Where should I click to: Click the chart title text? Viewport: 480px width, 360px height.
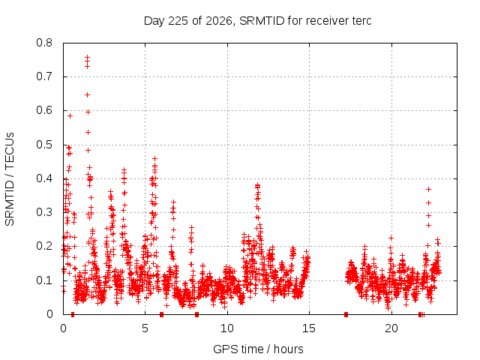click(x=257, y=21)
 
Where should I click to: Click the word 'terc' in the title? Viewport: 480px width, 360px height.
click(x=361, y=21)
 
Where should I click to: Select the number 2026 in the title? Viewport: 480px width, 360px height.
click(x=218, y=21)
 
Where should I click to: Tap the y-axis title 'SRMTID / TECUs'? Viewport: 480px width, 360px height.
click(x=10, y=179)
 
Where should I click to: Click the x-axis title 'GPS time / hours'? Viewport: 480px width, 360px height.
click(x=258, y=349)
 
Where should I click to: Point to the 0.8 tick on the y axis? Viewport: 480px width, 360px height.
click(x=44, y=43)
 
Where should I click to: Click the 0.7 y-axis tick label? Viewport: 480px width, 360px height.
click(x=44, y=76)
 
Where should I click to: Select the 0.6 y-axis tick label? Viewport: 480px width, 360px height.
click(x=44, y=110)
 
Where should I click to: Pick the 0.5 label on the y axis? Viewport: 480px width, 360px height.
click(x=44, y=145)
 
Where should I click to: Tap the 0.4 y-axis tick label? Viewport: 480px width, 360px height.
click(x=44, y=178)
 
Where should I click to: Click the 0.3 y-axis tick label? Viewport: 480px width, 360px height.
click(x=44, y=212)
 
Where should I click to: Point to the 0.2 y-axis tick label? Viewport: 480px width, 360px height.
click(x=44, y=246)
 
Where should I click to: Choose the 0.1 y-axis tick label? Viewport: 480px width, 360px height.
click(x=44, y=280)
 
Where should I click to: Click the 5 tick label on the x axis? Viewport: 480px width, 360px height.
click(x=145, y=328)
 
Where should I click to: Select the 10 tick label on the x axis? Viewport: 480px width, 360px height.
click(x=226, y=328)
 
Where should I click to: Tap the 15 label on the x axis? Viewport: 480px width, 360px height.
click(x=309, y=328)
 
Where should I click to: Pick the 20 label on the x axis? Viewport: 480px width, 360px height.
click(x=391, y=328)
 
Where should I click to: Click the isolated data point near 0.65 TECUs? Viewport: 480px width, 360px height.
click(x=88, y=95)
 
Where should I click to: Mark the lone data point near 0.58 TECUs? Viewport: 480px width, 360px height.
click(x=70, y=115)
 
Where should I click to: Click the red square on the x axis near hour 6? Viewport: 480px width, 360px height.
click(x=162, y=314)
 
